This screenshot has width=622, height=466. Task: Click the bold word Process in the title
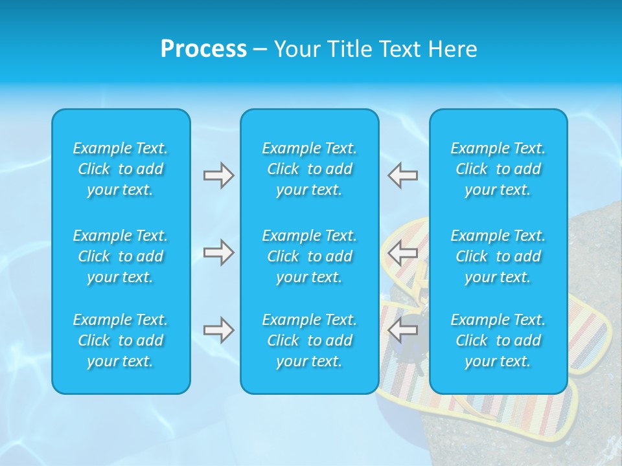tap(203, 49)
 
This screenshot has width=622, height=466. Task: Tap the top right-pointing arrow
tap(218, 175)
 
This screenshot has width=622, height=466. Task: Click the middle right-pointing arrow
tap(218, 252)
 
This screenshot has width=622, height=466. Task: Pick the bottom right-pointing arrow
tap(218, 330)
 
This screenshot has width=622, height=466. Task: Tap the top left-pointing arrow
tap(403, 175)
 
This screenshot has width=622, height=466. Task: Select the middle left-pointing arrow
tap(403, 252)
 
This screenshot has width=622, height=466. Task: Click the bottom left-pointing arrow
tap(403, 330)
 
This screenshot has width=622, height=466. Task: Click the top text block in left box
tap(121, 169)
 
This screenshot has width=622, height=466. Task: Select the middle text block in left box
tap(121, 256)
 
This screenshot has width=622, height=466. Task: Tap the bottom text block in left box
tap(121, 340)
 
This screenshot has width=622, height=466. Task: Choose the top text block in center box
tap(310, 169)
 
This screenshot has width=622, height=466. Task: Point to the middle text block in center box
tap(310, 256)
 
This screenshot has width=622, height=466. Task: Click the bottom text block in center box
tap(310, 340)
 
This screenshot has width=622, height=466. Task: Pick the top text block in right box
tap(498, 169)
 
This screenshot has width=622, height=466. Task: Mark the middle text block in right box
tap(498, 256)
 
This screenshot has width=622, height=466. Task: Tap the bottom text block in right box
tap(498, 340)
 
